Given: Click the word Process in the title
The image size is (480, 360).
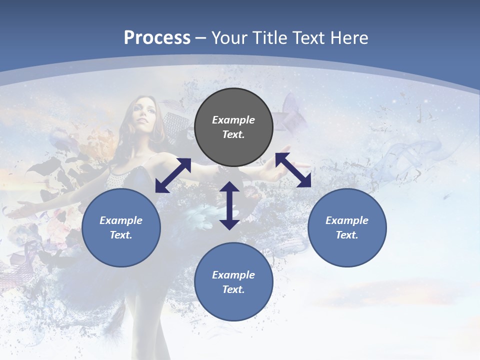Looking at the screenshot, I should (x=157, y=38).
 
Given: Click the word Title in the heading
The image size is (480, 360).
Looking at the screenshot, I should (x=268, y=38).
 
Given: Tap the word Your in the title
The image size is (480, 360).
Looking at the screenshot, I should (x=229, y=38).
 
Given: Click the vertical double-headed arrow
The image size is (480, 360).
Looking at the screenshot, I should (x=229, y=205).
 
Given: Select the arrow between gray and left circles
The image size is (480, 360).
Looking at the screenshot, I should (x=173, y=175).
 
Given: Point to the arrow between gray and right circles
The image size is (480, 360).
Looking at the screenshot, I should (x=293, y=170).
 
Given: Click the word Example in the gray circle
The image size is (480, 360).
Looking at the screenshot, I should (x=233, y=120).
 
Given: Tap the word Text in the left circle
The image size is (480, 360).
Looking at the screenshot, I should (x=121, y=235).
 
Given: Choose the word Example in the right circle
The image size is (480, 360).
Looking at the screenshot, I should (x=347, y=220).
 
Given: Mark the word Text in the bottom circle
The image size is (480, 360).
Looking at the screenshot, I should (x=233, y=289).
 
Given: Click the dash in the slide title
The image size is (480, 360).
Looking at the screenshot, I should (x=201, y=38).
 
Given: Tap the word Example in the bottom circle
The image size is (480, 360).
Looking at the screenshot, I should (x=233, y=275).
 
